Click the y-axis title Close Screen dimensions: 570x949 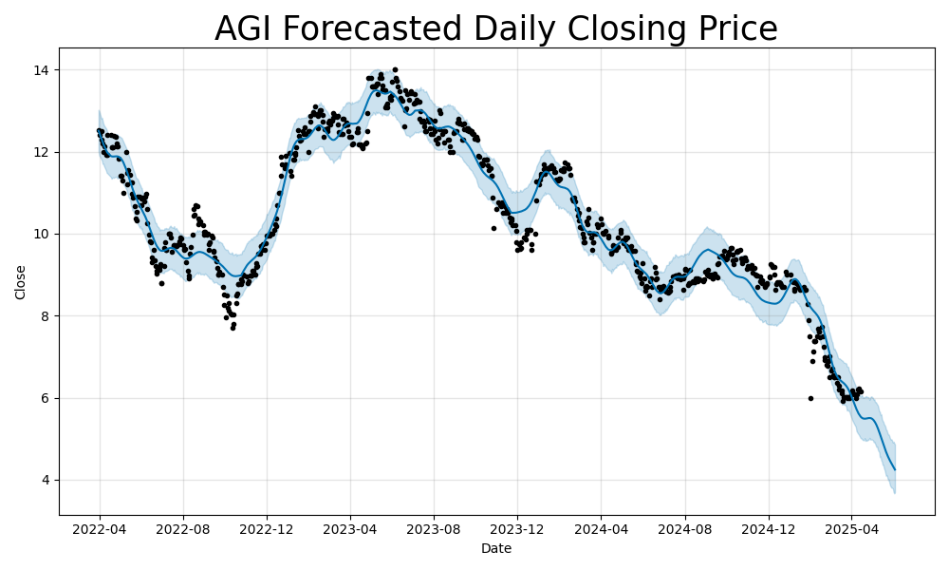pyautogui.click(x=21, y=282)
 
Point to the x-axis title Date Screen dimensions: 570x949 pyautogui.click(x=496, y=548)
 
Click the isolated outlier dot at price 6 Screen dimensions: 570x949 pyautogui.click(x=810, y=398)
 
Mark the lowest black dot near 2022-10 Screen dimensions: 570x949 pyautogui.click(x=233, y=328)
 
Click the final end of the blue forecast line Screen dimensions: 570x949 pyautogui.click(x=895, y=469)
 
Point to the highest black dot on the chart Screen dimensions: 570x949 pyautogui.click(x=395, y=69)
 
